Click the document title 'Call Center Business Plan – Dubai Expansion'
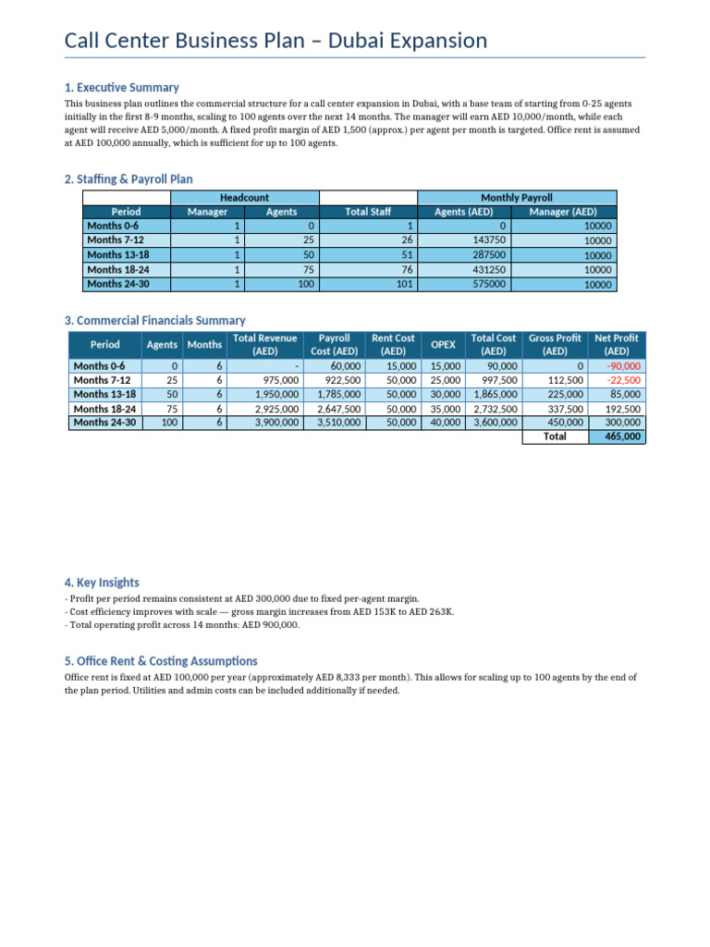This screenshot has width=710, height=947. (x=275, y=41)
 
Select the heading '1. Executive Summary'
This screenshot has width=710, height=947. (x=121, y=87)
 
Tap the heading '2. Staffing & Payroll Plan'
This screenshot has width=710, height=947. (x=129, y=178)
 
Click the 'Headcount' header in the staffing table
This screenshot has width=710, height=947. (x=245, y=198)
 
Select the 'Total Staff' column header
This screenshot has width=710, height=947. (x=368, y=212)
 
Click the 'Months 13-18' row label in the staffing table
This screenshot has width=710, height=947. (x=117, y=255)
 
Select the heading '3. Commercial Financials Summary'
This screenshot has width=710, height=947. (x=154, y=321)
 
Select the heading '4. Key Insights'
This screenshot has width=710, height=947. (x=102, y=583)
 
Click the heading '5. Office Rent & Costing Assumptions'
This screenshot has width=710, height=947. (x=161, y=661)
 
